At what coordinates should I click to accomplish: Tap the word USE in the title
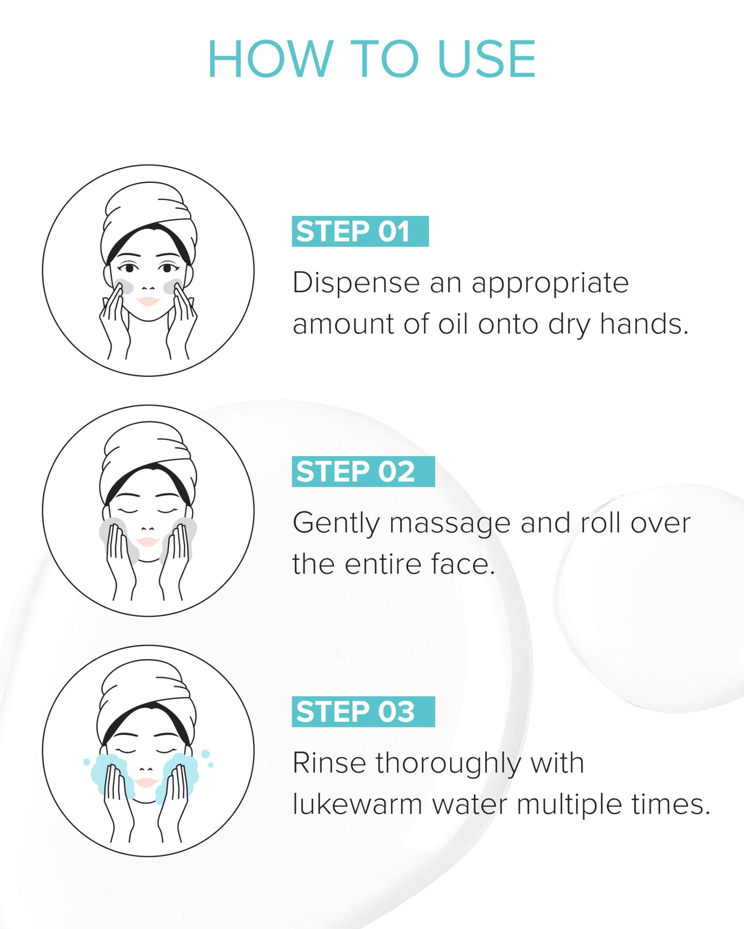tap(487, 59)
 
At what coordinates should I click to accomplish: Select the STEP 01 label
tap(360, 231)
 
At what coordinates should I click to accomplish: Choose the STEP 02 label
tap(363, 472)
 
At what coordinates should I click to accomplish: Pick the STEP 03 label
tap(363, 712)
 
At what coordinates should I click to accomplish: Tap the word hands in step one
tap(644, 324)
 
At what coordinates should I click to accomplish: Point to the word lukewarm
tap(357, 804)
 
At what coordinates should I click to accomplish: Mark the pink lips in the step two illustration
tap(147, 542)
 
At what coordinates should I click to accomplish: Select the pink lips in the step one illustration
tap(148, 301)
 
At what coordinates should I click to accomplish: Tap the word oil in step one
tap(453, 324)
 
